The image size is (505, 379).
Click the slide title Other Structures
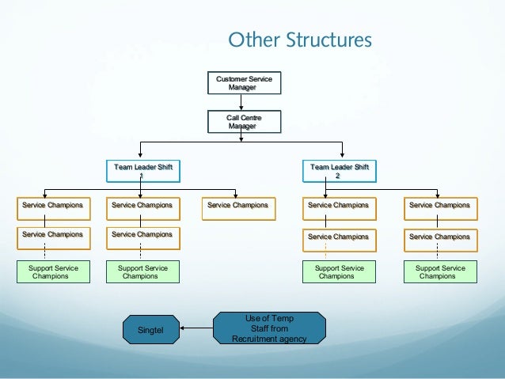coord(300,40)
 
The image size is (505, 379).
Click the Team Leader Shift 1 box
coord(142,171)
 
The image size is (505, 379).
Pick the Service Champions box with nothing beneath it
coord(237,205)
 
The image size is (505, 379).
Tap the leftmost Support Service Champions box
coord(53,272)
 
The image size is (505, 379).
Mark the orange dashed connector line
coord(325,251)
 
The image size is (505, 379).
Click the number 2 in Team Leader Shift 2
coord(339,176)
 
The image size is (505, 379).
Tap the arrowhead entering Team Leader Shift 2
coord(342,157)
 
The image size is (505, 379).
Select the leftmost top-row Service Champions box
coord(53,205)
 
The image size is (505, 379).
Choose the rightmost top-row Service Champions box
coord(439,205)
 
